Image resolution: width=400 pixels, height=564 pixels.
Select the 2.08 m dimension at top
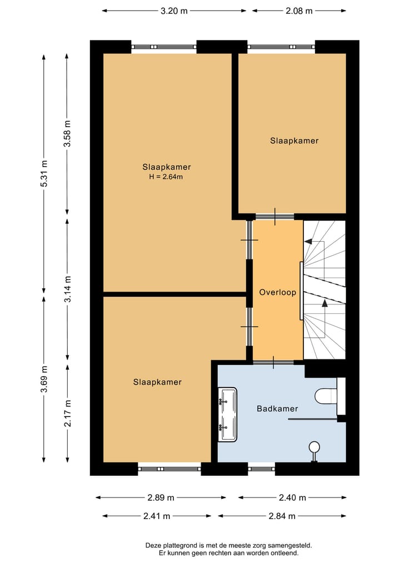[x=298, y=11]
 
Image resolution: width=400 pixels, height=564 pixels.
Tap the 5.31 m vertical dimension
[x=44, y=174]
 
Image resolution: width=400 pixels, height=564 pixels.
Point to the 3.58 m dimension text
[x=67, y=133]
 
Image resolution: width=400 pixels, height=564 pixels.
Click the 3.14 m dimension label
[x=67, y=288]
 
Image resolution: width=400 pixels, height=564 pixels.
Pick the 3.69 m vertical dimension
[x=44, y=379]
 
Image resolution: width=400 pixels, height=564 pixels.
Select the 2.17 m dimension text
[x=67, y=413]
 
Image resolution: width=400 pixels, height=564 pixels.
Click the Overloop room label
[x=278, y=292]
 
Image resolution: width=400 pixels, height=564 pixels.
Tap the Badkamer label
[x=277, y=409]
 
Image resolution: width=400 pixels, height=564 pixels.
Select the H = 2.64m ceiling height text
[x=166, y=177]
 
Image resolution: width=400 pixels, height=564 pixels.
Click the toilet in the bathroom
[x=325, y=396]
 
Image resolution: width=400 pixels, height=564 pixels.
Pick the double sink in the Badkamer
[x=228, y=414]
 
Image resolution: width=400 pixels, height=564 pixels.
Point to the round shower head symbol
[x=314, y=446]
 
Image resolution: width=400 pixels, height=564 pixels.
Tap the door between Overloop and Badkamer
[x=273, y=363]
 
